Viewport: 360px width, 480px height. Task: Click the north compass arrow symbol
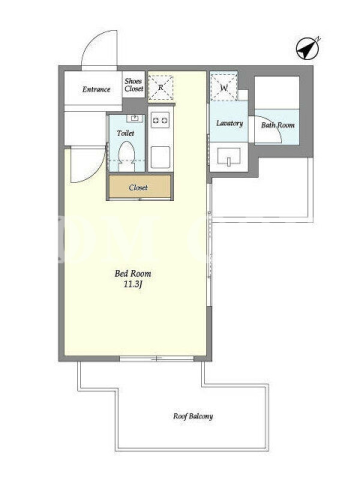[308, 49]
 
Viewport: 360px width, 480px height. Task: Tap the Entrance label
[96, 89]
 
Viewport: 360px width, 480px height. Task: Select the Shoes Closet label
[134, 85]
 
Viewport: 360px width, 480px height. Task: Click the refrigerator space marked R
[160, 88]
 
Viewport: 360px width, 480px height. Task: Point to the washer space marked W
[224, 88]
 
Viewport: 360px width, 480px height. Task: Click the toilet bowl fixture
[127, 156]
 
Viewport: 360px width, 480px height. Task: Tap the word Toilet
[125, 133]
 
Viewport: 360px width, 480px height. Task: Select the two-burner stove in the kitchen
[160, 120]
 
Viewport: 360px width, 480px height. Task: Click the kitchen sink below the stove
[160, 157]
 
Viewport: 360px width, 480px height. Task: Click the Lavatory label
[230, 123]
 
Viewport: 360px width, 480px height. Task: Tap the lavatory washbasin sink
[229, 157]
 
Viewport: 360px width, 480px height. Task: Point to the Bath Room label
[278, 125]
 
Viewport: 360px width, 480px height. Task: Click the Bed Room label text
[133, 273]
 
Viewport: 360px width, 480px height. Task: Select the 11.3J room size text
[133, 284]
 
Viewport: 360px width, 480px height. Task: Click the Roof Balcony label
[193, 416]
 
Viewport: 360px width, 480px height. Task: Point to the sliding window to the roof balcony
[156, 358]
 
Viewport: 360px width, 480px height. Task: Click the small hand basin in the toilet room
[134, 118]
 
